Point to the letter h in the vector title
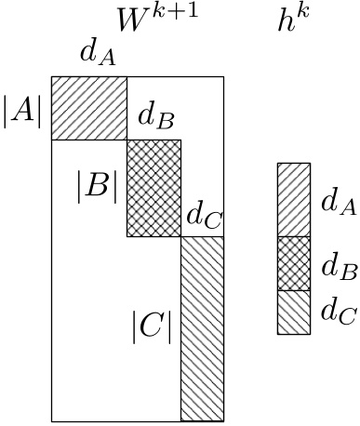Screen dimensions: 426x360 point(287,23)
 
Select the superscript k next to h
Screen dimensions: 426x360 point(303,13)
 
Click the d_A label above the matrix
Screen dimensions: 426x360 point(98,54)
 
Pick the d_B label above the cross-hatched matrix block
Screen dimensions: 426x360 point(156,118)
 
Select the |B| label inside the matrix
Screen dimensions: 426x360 point(97,187)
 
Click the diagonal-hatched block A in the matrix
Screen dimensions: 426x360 point(88,107)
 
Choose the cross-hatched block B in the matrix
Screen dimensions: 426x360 point(153,188)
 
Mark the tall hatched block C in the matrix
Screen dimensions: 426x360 point(202,327)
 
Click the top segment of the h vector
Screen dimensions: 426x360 point(293,200)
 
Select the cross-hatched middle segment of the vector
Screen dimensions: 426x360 point(293,264)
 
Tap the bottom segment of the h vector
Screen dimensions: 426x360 point(293,313)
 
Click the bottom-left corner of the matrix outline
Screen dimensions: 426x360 point(51,419)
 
